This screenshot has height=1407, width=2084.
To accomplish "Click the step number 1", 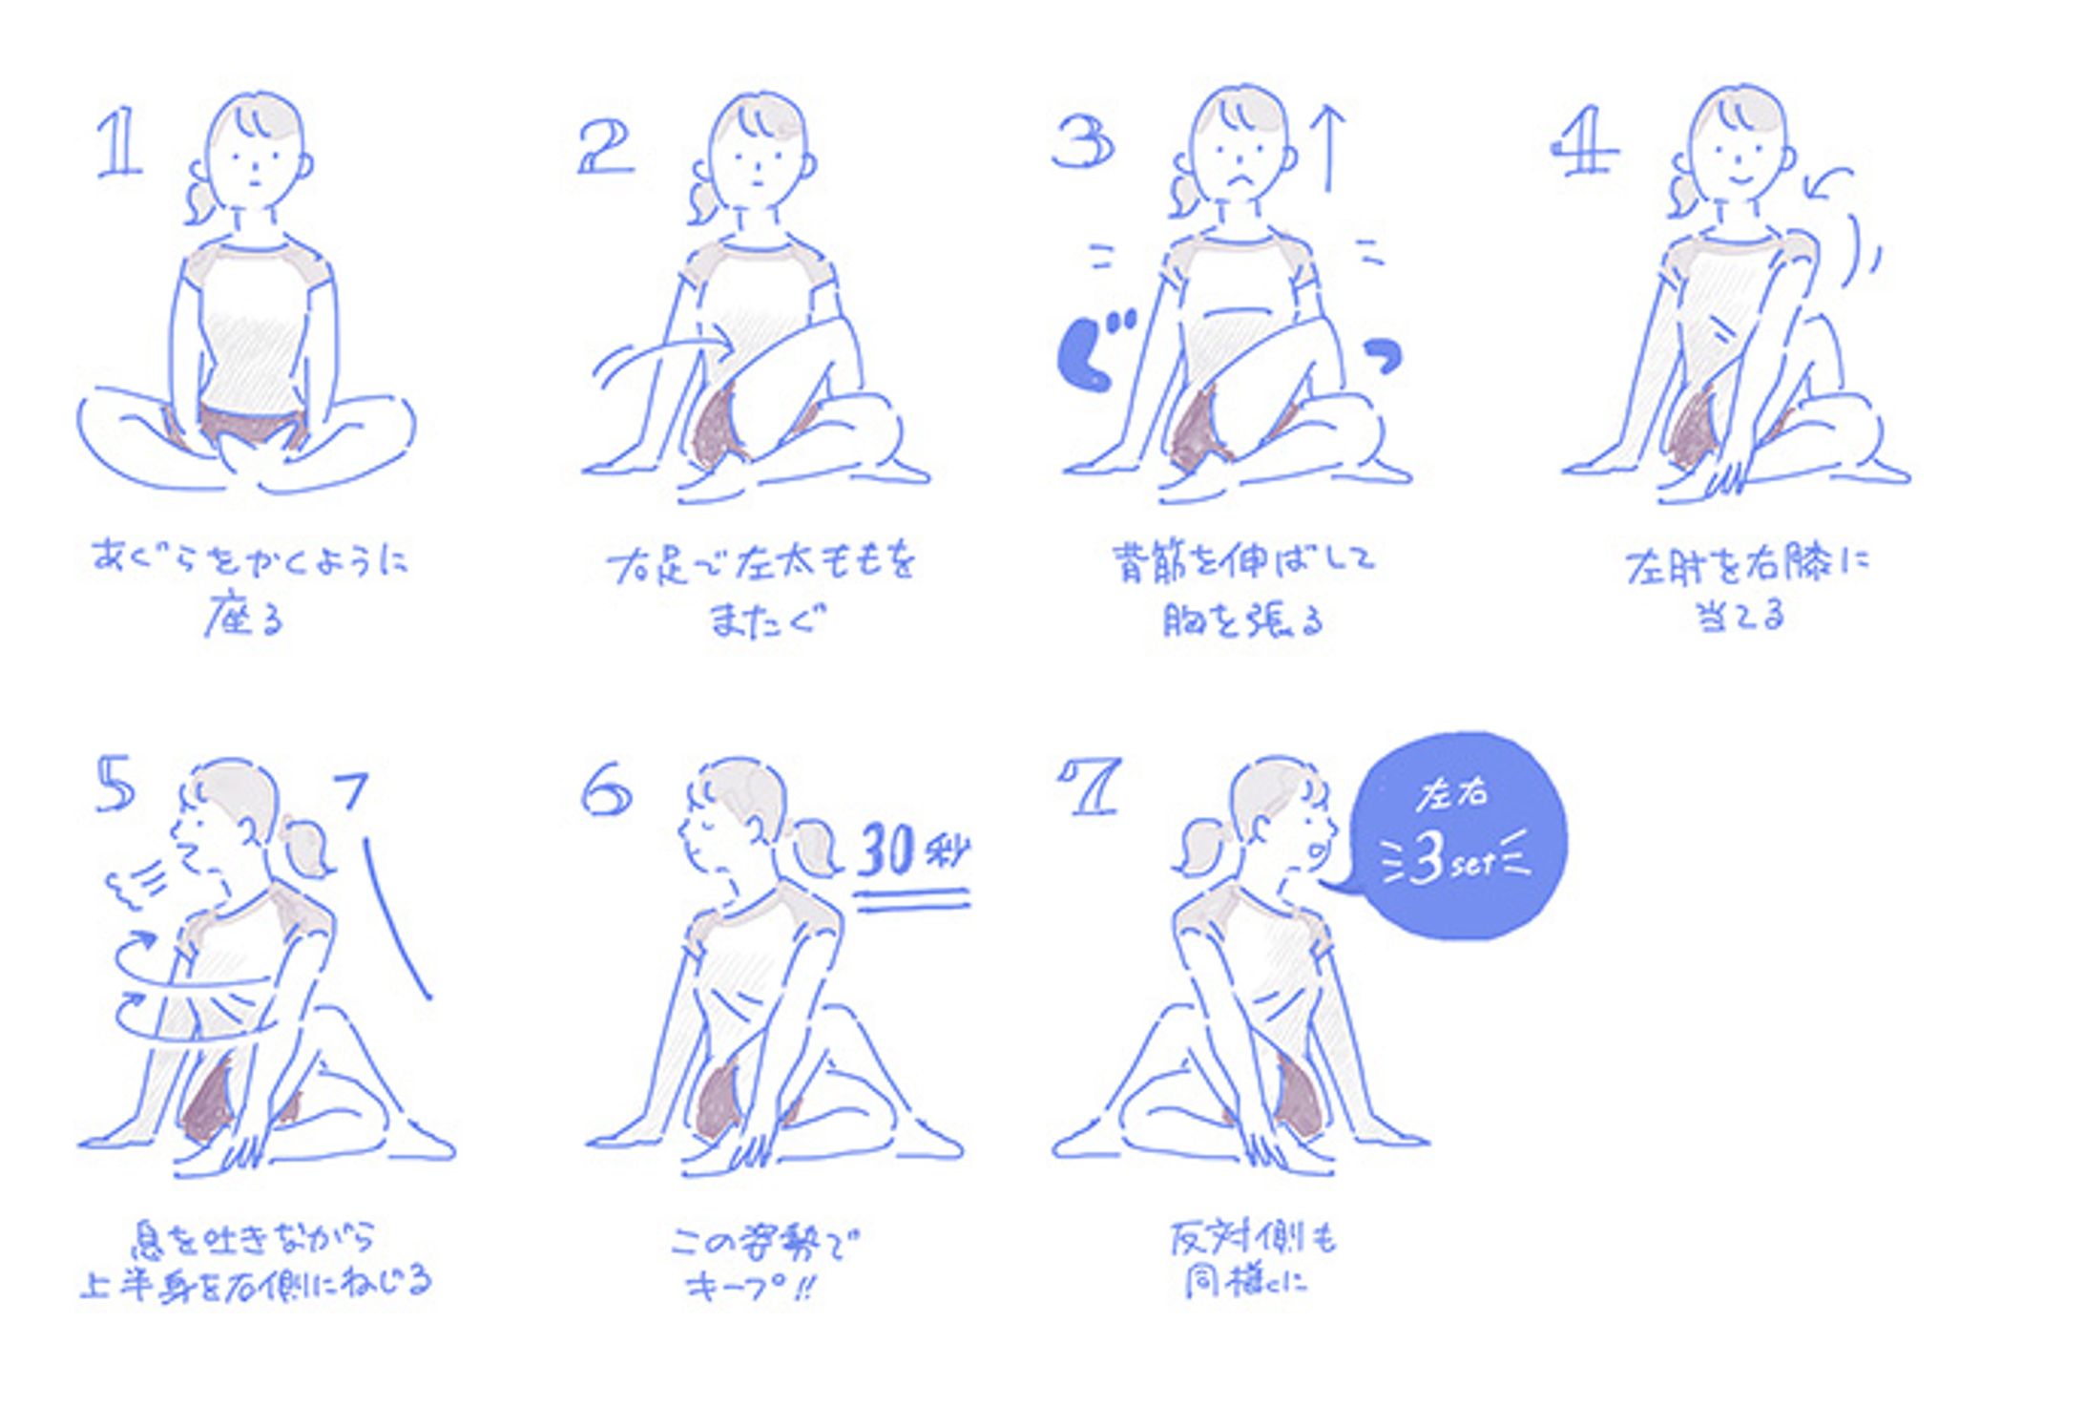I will pyautogui.click(x=119, y=143).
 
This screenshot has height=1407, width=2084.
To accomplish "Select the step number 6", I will pyautogui.click(x=607, y=788).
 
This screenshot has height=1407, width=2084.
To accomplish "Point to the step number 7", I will pyautogui.click(x=1089, y=787).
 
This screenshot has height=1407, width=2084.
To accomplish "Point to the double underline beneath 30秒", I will pyautogui.click(x=912, y=899).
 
